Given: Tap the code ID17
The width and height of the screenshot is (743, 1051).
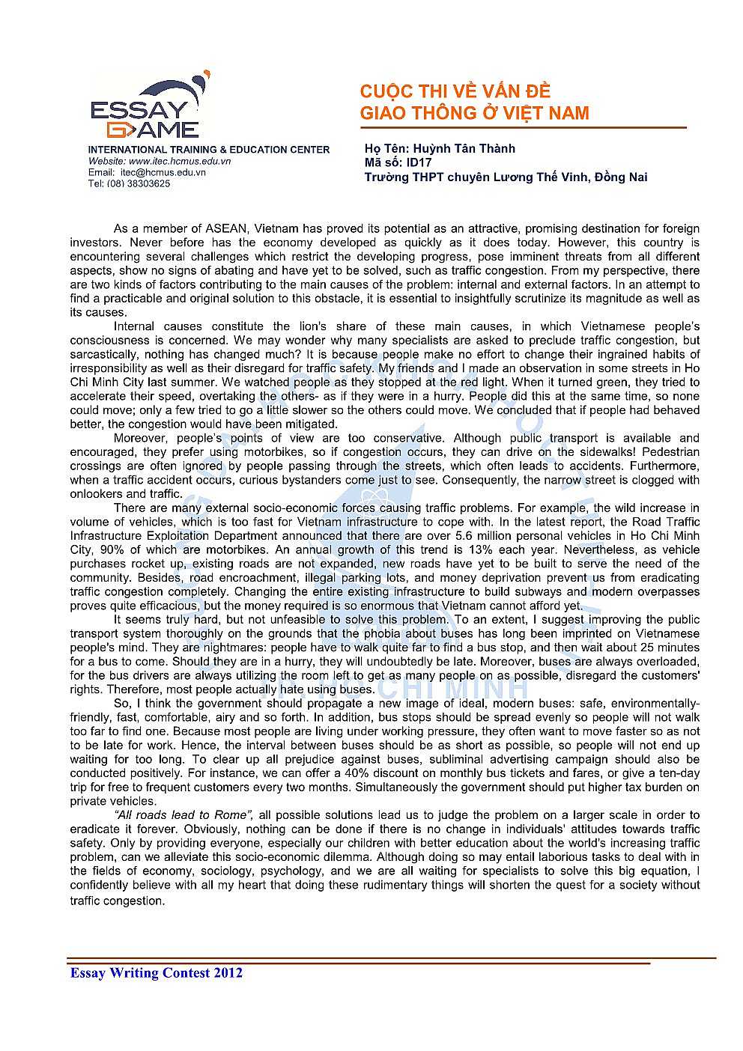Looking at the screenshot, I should (x=419, y=162).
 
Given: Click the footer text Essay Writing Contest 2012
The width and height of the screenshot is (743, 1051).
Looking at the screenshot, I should (x=156, y=973).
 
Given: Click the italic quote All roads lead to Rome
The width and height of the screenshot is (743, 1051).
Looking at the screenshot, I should (x=183, y=815).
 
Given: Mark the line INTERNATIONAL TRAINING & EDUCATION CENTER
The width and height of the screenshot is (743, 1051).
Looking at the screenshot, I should (x=209, y=150).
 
